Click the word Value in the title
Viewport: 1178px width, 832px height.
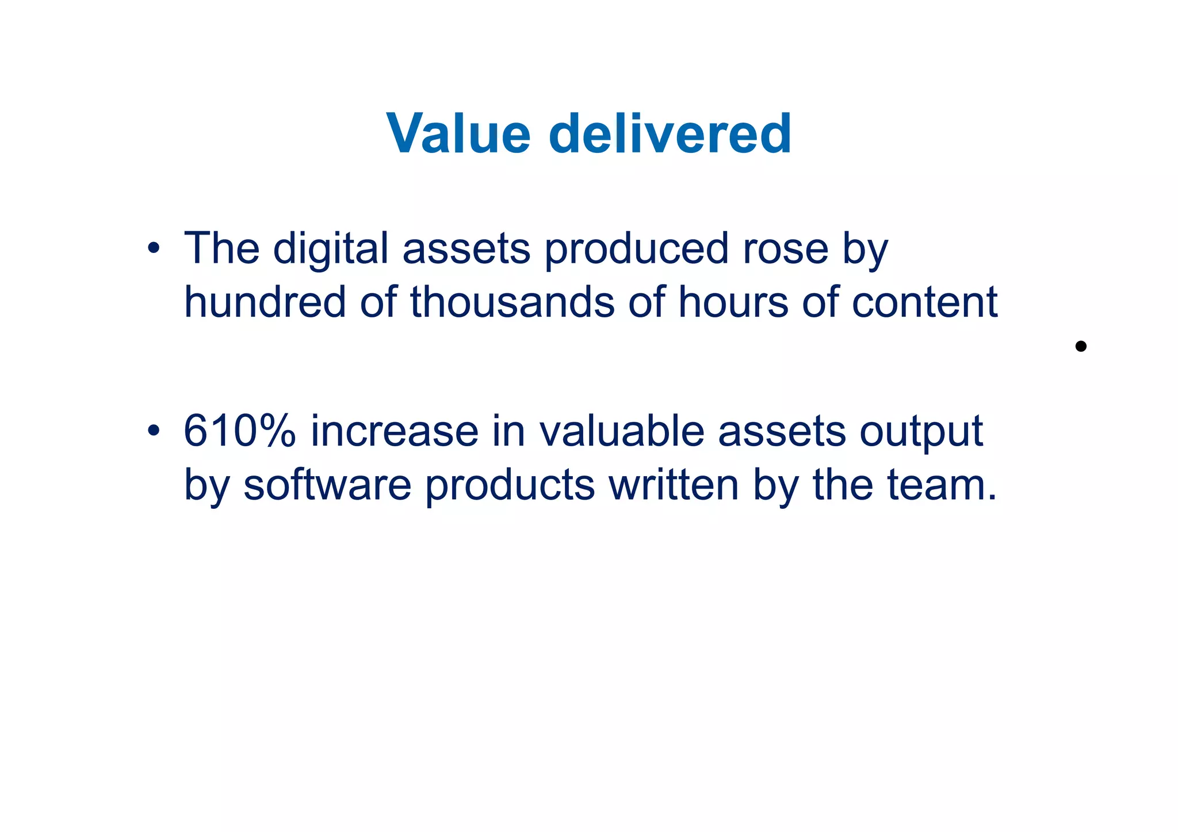coord(458,134)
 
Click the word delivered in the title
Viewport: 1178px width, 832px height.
coord(670,134)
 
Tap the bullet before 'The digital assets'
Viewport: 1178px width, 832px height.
coord(153,249)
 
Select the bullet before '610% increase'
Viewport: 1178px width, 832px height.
coord(153,431)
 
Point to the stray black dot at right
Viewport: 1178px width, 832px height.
coord(1080,346)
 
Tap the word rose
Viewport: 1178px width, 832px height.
coord(786,249)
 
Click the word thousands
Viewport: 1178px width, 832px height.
coord(512,302)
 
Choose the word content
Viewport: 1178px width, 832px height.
coord(924,302)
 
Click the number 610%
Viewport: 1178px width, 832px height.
coord(239,431)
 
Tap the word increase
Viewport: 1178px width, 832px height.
coord(395,431)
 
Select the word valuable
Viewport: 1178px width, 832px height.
coord(622,431)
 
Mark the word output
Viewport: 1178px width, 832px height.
coord(921,431)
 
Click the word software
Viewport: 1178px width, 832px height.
coord(327,485)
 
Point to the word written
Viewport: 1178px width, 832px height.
coord(674,485)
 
